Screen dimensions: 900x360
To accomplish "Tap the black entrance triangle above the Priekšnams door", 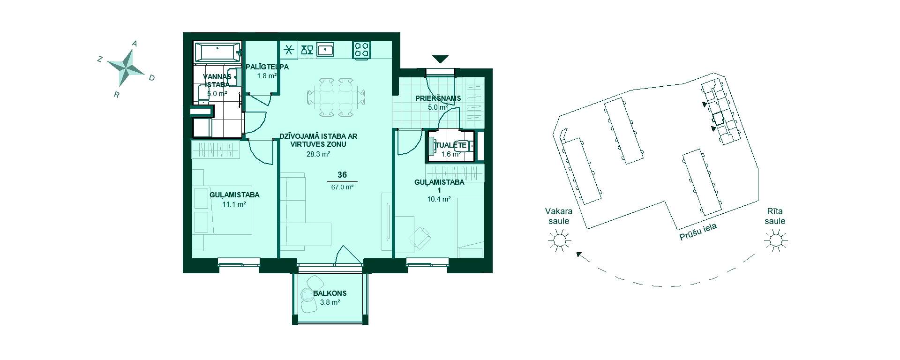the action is click(x=440, y=59).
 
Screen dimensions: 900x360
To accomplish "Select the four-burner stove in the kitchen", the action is click(x=361, y=50).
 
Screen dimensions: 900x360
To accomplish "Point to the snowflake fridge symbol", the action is click(x=289, y=50).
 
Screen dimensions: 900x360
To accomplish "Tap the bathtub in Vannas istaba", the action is click(x=217, y=52).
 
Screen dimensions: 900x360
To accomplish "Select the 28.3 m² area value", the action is click(x=319, y=154).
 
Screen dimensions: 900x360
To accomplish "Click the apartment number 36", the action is click(x=342, y=175).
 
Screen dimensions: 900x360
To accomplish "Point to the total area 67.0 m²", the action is click(x=342, y=187).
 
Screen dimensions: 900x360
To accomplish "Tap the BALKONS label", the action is click(x=330, y=293).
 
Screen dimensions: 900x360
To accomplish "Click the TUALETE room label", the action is click(x=451, y=145).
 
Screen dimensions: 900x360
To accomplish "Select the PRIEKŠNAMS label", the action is click(x=438, y=98).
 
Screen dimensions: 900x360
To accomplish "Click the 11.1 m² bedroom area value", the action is click(x=234, y=204).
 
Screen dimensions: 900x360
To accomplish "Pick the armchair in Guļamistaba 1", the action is click(x=420, y=237).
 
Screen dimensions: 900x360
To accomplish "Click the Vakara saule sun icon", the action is click(x=560, y=241).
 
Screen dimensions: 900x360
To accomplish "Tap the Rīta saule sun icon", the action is click(x=775, y=241).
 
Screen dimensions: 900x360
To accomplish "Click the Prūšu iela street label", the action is click(x=699, y=232).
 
